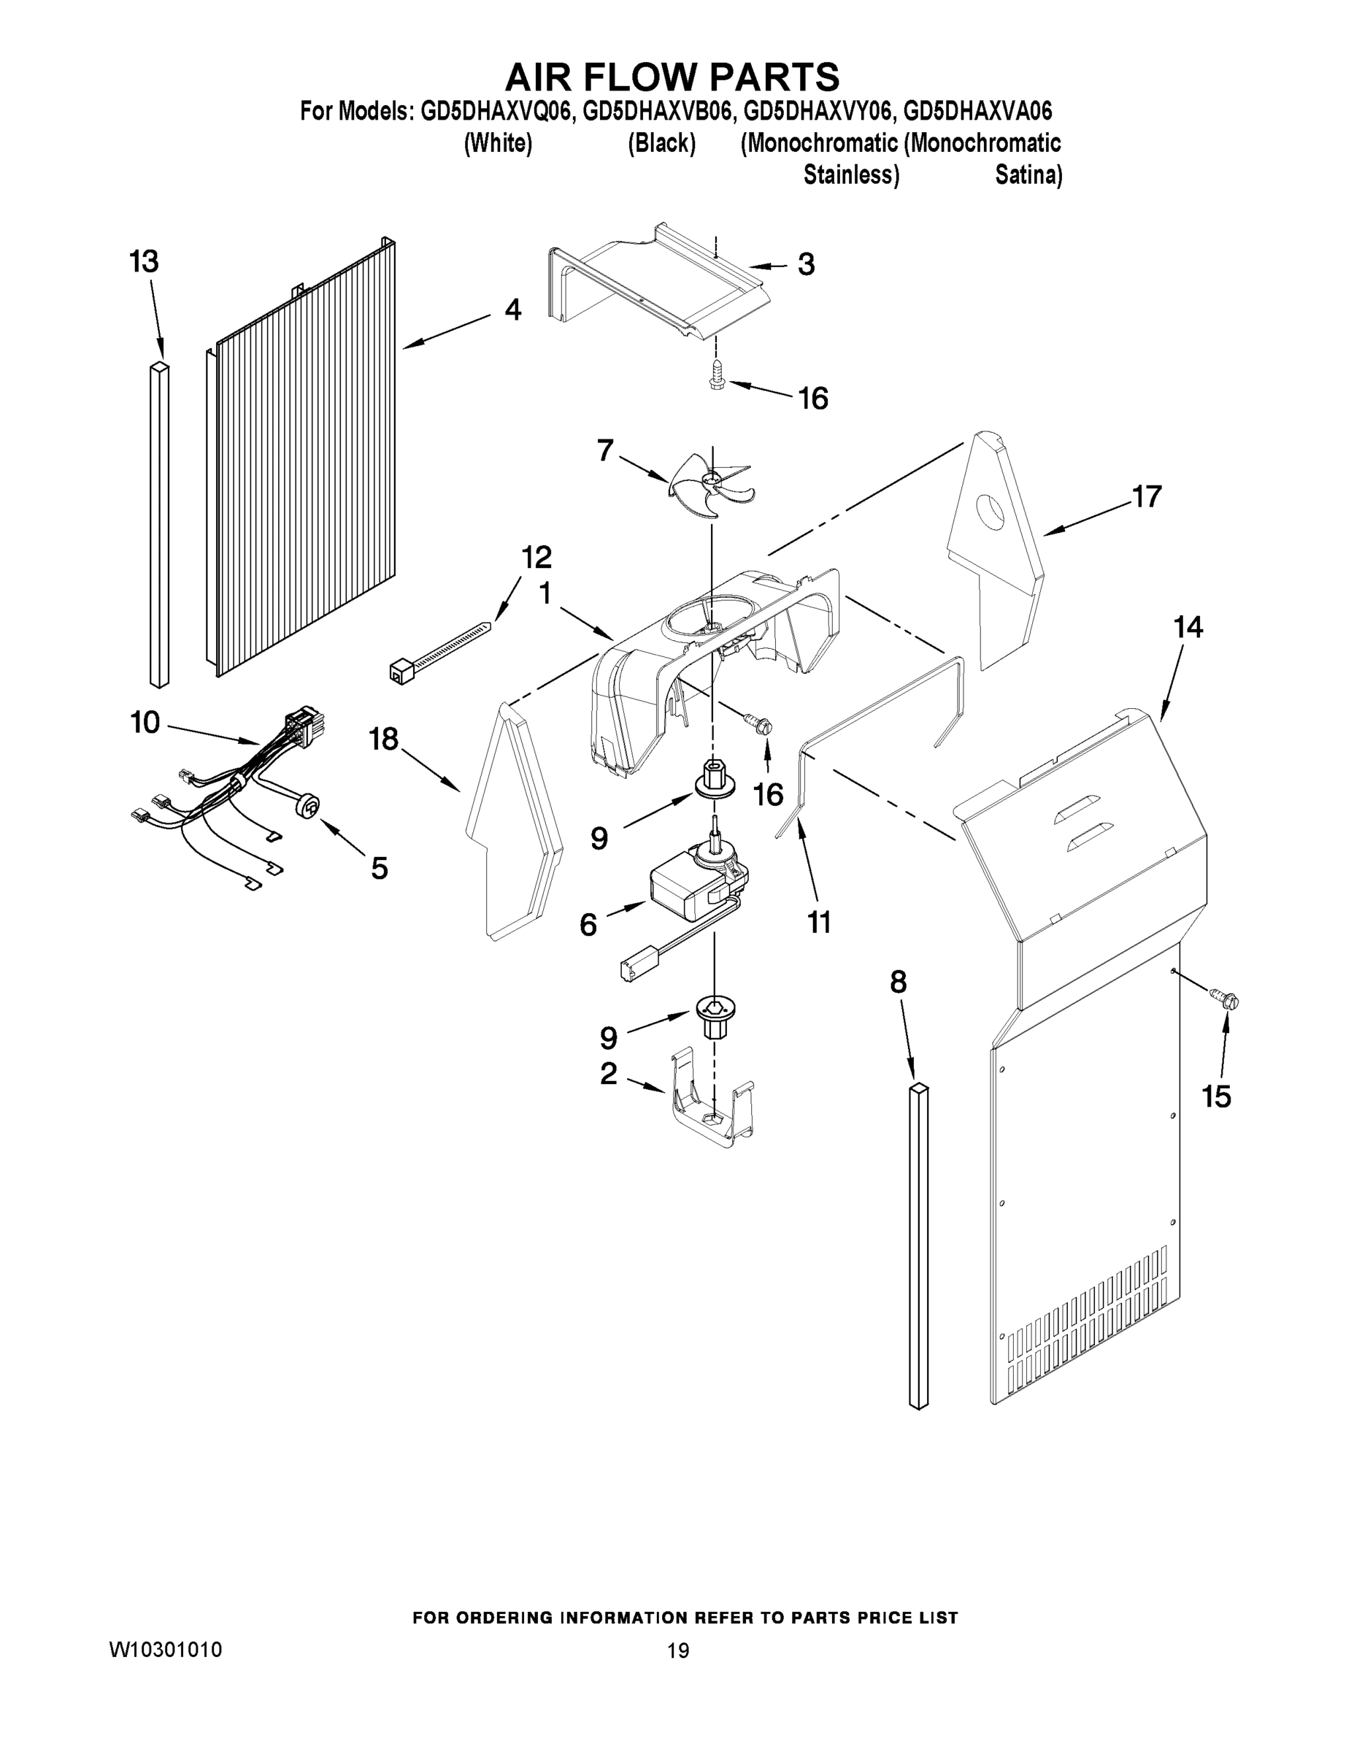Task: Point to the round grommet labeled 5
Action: click(307, 806)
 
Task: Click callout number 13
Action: click(145, 261)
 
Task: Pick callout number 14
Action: click(1188, 627)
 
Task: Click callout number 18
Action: click(383, 739)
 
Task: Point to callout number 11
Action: click(819, 923)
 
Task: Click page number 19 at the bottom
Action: click(678, 1651)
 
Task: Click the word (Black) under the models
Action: click(661, 145)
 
